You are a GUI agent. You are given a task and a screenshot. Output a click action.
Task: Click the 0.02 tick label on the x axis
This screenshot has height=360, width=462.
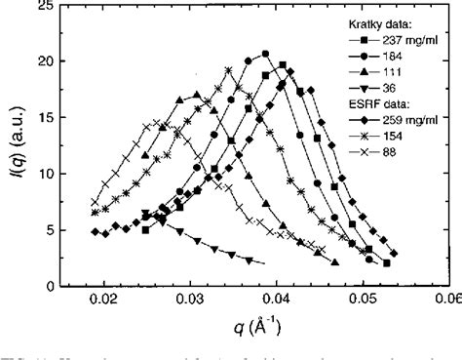tap(102, 300)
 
